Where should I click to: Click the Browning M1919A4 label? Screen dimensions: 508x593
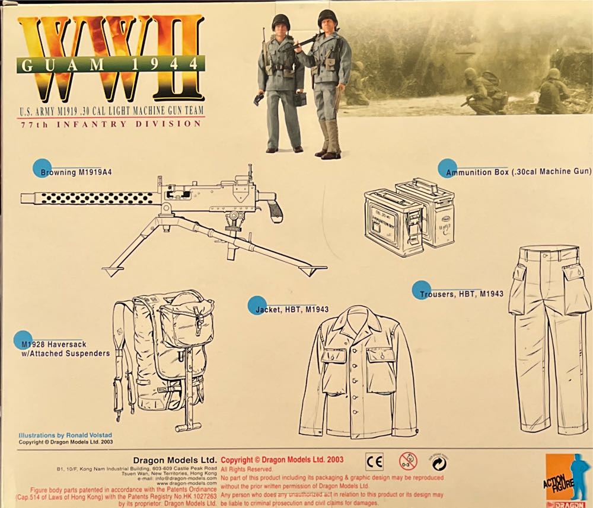coord(76,173)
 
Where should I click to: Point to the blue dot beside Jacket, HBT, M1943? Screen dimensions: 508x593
coord(257,304)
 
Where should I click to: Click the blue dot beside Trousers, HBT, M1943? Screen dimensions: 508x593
coord(421,290)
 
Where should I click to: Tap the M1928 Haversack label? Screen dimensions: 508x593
coord(62,348)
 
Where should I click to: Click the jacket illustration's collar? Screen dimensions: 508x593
coord(358,320)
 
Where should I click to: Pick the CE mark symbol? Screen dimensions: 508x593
coord(374,461)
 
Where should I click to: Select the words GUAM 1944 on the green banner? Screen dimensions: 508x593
coord(110,64)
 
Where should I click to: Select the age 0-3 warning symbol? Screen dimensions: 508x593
coord(407,461)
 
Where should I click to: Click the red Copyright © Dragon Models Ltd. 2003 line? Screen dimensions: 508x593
coord(282,459)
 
